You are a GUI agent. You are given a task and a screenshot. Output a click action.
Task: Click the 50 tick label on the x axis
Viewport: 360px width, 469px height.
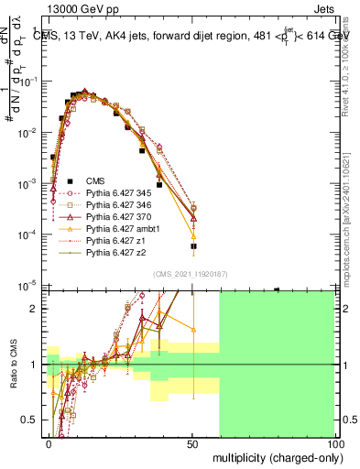click(192, 443)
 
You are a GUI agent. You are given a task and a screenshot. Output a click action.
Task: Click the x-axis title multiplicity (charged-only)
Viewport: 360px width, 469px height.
click(273, 456)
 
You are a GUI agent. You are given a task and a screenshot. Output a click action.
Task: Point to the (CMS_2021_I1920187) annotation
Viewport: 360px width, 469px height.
click(191, 274)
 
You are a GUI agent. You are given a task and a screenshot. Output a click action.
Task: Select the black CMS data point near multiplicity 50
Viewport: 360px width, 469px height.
click(193, 246)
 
